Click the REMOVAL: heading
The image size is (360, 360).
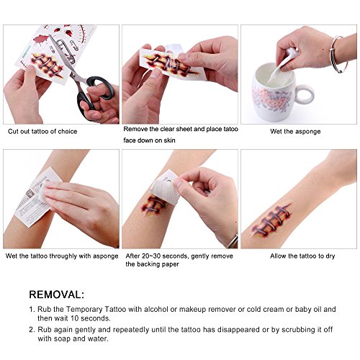pos(57,294)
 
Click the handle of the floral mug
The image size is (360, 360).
pos(305,94)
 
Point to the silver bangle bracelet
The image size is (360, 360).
pos(339,54)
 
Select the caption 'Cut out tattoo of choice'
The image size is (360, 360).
pos(42,131)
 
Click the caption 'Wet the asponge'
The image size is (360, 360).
pos(295,132)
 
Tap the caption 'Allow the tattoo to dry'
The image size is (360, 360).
pos(302,256)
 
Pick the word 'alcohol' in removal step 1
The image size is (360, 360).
pos(156,309)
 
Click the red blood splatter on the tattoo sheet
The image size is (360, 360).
pos(41,39)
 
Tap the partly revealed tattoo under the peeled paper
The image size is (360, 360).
pos(153,205)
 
